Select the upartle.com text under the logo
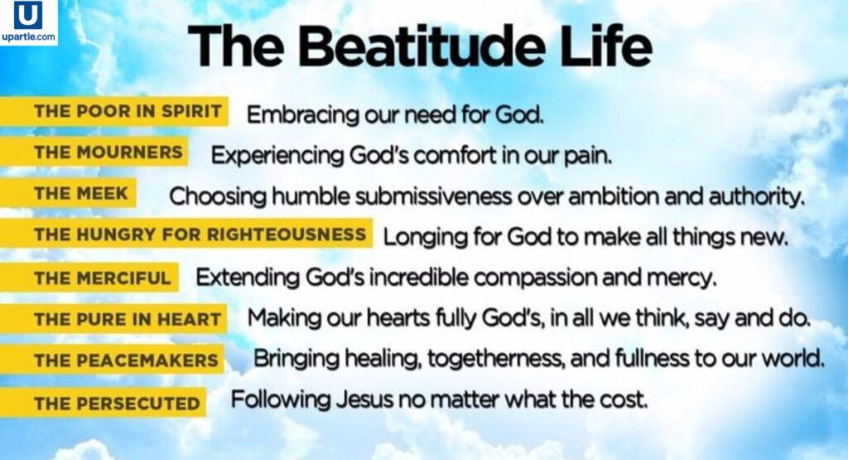(x=28, y=37)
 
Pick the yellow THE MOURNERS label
(x=94, y=153)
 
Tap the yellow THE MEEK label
(x=70, y=194)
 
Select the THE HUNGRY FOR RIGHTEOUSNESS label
(x=187, y=235)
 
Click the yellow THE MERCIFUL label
(x=89, y=277)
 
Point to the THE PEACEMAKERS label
(x=113, y=360)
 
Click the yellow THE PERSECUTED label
(x=104, y=404)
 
